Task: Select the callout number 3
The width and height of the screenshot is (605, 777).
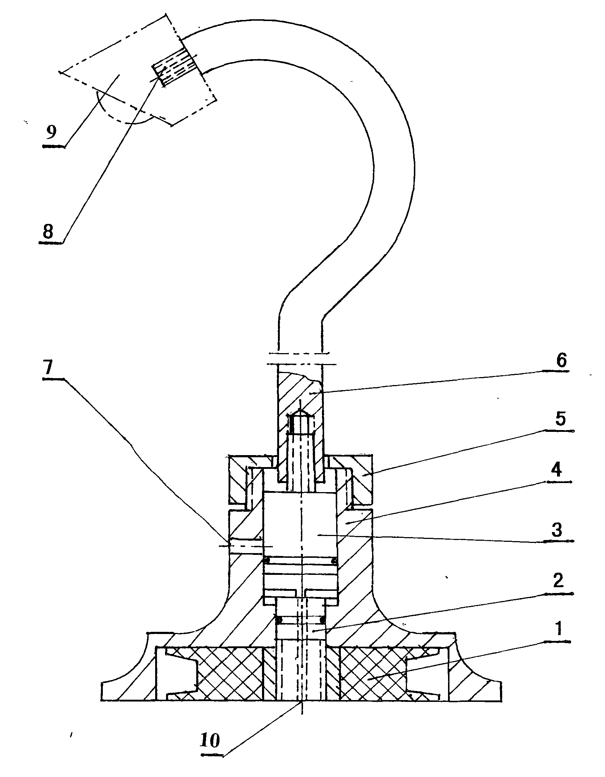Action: (x=557, y=530)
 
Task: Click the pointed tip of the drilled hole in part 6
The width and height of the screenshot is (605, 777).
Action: (x=300, y=409)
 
